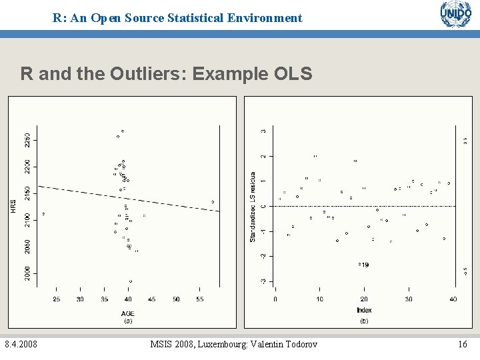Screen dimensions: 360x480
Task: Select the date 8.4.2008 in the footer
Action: click(21, 344)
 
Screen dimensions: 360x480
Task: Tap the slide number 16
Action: click(463, 344)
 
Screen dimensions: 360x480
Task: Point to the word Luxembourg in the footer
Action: click(207, 344)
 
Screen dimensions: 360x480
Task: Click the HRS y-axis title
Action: click(13, 207)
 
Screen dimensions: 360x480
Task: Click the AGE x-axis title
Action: click(128, 313)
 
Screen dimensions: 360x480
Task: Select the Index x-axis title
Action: click(364, 310)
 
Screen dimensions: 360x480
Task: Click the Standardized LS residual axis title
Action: click(253, 208)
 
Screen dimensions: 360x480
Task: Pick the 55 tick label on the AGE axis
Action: click(200, 299)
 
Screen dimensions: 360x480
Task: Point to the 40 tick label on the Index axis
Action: click(453, 299)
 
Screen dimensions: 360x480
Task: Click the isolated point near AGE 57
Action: click(213, 201)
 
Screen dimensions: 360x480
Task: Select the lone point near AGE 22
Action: click(44, 214)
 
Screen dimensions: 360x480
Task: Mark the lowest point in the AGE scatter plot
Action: click(130, 281)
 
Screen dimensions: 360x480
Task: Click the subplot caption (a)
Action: click(128, 321)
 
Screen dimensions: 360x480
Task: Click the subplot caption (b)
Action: click(364, 321)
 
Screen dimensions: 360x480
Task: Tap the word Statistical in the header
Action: click(203, 19)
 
